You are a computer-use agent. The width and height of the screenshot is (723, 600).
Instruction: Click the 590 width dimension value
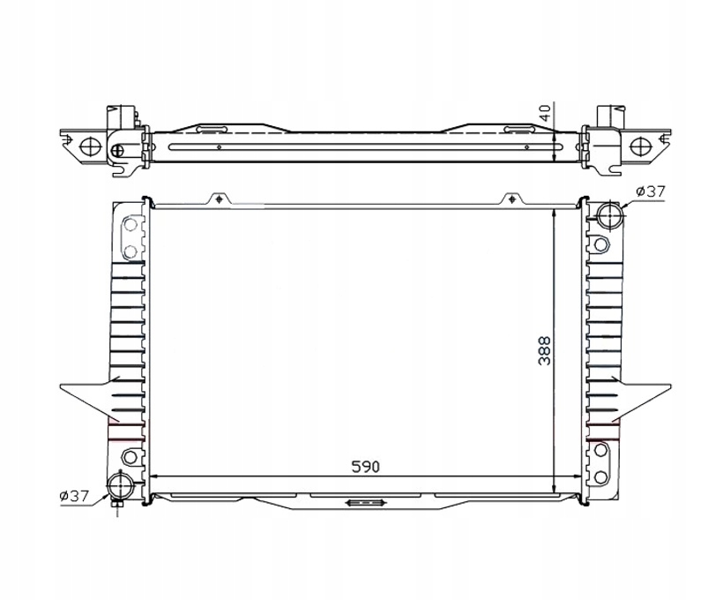365,467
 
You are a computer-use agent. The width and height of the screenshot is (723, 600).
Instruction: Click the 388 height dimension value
545,351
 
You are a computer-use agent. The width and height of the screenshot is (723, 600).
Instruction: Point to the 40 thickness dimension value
545,113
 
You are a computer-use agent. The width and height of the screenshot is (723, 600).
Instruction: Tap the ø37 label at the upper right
651,191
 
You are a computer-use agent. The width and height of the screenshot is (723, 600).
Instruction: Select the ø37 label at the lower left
74,496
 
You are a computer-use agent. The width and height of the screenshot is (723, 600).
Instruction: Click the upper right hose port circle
609,214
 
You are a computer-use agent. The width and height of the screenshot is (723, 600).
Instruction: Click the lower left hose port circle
120,487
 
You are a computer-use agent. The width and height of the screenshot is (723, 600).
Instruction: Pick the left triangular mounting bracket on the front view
90,399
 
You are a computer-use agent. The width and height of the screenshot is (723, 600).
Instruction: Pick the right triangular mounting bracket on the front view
641,399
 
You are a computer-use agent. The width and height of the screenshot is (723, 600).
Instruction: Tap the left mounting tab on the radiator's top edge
219,199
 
